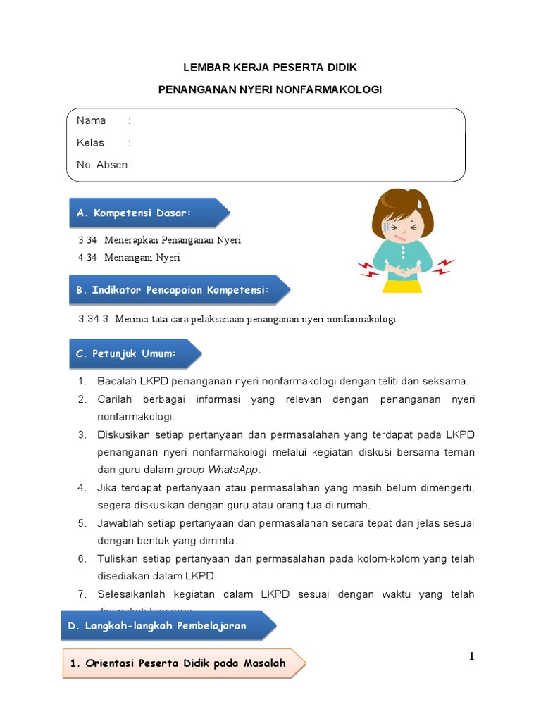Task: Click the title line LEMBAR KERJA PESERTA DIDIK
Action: click(270, 68)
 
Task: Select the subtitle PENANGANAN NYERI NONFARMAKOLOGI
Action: click(270, 90)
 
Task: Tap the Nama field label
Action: click(92, 120)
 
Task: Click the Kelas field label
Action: click(90, 142)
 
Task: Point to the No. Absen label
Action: click(103, 165)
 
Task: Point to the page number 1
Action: click(472, 657)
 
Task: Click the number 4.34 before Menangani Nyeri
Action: click(87, 258)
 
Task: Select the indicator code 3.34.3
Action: click(93, 319)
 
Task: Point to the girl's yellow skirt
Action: click(403, 285)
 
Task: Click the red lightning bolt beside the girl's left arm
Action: click(443, 266)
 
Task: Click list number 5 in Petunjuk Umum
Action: click(82, 523)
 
